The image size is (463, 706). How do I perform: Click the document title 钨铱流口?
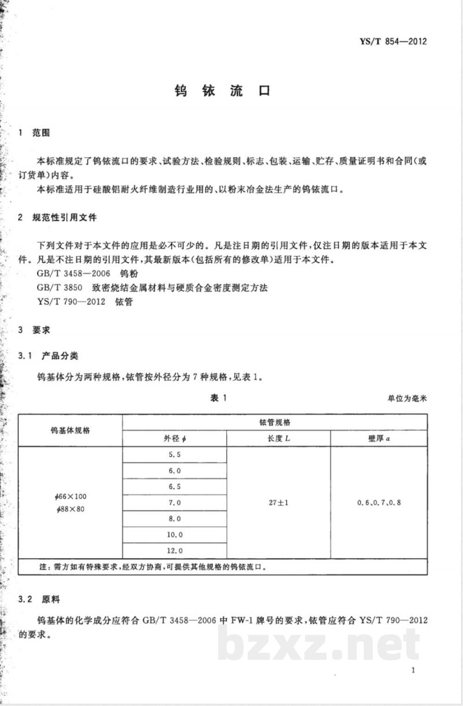[x=222, y=92]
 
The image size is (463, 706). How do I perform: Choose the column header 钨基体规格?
[x=71, y=430]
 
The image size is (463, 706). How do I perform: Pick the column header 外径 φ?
[x=174, y=439]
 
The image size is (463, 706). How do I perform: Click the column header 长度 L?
[x=278, y=439]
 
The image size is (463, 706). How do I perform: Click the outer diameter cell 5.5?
[x=174, y=454]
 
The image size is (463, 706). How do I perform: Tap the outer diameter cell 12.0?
[x=174, y=550]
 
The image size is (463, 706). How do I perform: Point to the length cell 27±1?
[x=278, y=502]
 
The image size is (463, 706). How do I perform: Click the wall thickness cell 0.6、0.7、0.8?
[x=379, y=502]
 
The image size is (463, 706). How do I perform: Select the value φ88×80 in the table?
[x=68, y=509]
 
